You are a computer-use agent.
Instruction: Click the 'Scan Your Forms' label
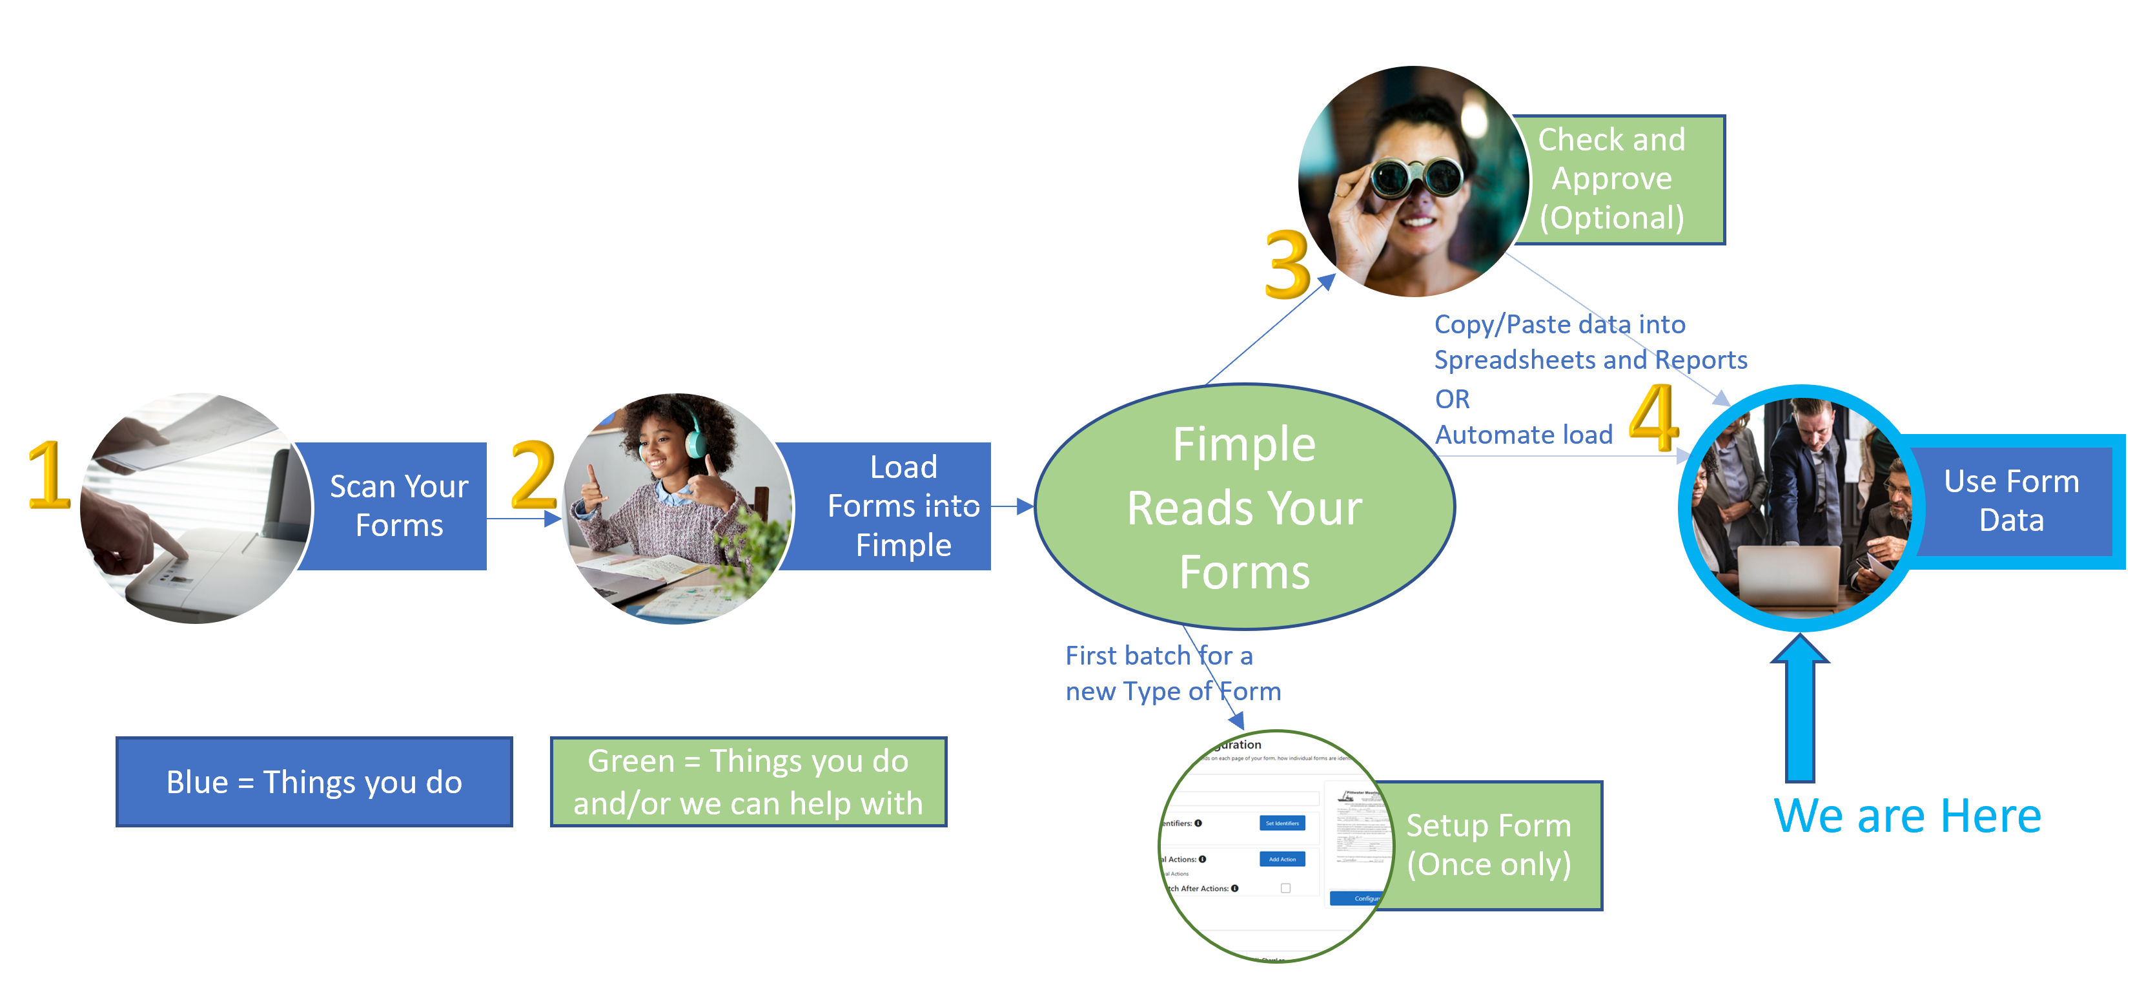[x=399, y=506]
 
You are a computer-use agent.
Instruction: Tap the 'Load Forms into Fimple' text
[x=903, y=506]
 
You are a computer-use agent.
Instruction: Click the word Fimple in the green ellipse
[x=1244, y=444]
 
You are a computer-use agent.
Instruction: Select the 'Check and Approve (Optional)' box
[x=1611, y=179]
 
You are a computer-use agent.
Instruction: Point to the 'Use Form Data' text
[x=2011, y=501]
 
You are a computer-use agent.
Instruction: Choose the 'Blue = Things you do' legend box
[x=314, y=782]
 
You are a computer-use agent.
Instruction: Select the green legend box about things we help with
[x=748, y=782]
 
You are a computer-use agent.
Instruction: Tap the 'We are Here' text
[x=1907, y=816]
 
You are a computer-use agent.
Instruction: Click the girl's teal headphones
[x=695, y=435]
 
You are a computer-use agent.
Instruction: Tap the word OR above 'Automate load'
[x=1453, y=399]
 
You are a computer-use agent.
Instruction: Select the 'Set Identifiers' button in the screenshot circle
[x=1282, y=824]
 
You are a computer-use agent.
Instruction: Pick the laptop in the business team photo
[x=1790, y=573]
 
